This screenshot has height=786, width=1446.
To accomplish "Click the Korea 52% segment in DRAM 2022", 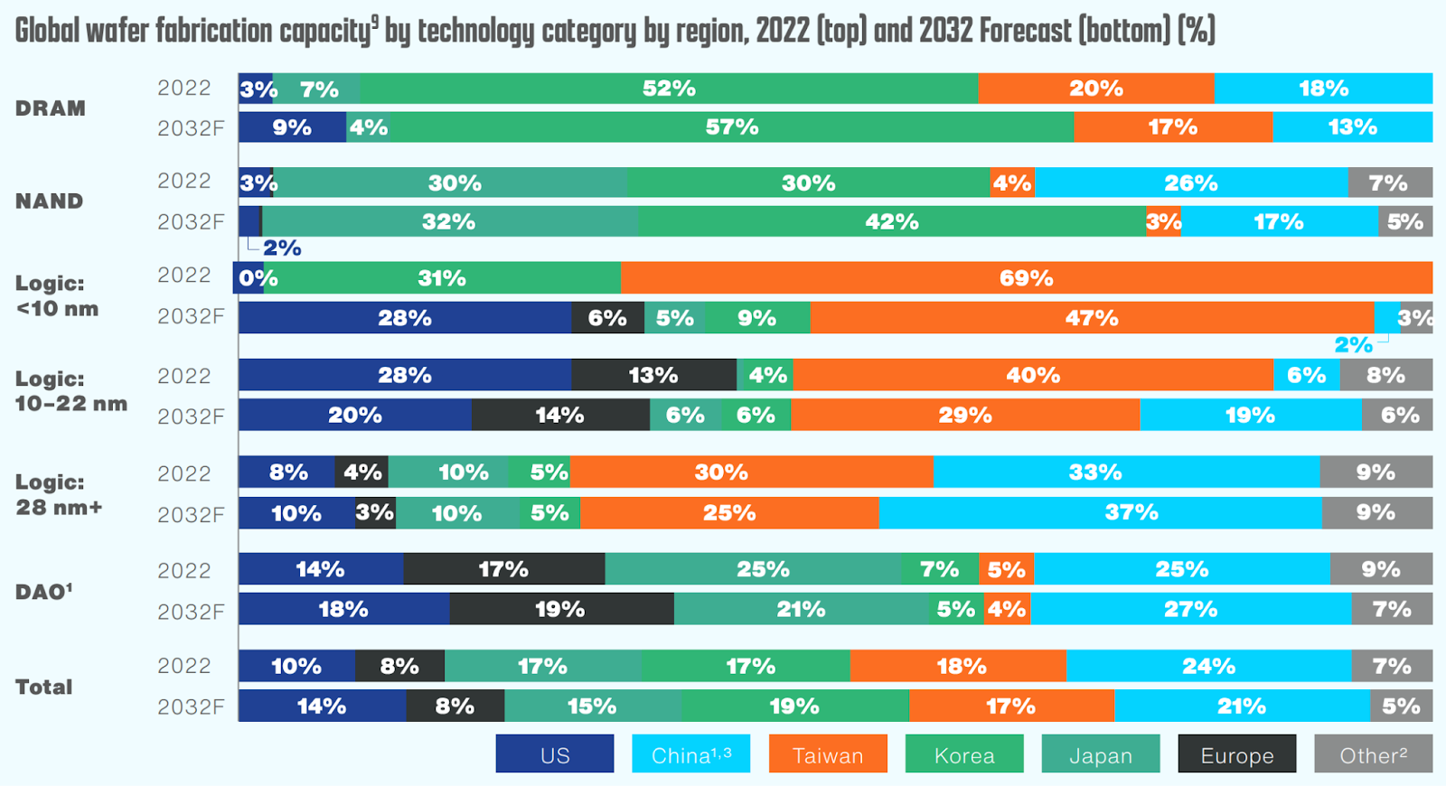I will point(669,89).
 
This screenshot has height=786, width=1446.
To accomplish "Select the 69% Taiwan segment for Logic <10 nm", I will point(1026,278).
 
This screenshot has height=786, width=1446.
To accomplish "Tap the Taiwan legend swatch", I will point(828,754).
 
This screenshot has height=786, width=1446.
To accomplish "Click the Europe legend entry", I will point(1236,754).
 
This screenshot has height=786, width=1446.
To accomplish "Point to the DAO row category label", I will point(43,592).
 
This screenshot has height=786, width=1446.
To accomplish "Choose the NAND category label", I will point(49,201).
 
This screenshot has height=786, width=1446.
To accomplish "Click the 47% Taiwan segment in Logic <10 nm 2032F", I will point(1092,318).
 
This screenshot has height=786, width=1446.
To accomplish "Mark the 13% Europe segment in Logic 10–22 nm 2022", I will point(653,375).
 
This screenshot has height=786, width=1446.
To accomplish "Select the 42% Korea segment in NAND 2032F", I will point(891,221).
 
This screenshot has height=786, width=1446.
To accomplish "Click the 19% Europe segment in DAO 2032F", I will point(560,609).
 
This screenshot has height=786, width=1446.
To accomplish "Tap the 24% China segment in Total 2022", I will point(1208,666).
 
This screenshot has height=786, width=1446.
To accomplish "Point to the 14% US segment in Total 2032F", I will point(322,706).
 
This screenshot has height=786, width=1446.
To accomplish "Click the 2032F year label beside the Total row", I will point(191,706).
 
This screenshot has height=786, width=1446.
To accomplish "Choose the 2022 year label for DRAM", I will point(184,88).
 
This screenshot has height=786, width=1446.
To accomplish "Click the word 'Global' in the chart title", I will point(46,31).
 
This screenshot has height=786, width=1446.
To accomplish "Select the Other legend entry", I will point(1373,754).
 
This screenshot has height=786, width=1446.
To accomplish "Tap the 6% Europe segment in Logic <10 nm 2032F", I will point(607,318).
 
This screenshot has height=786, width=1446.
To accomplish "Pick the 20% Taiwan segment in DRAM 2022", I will point(1095,89).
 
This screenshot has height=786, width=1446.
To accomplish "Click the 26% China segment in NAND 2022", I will point(1190,182).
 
